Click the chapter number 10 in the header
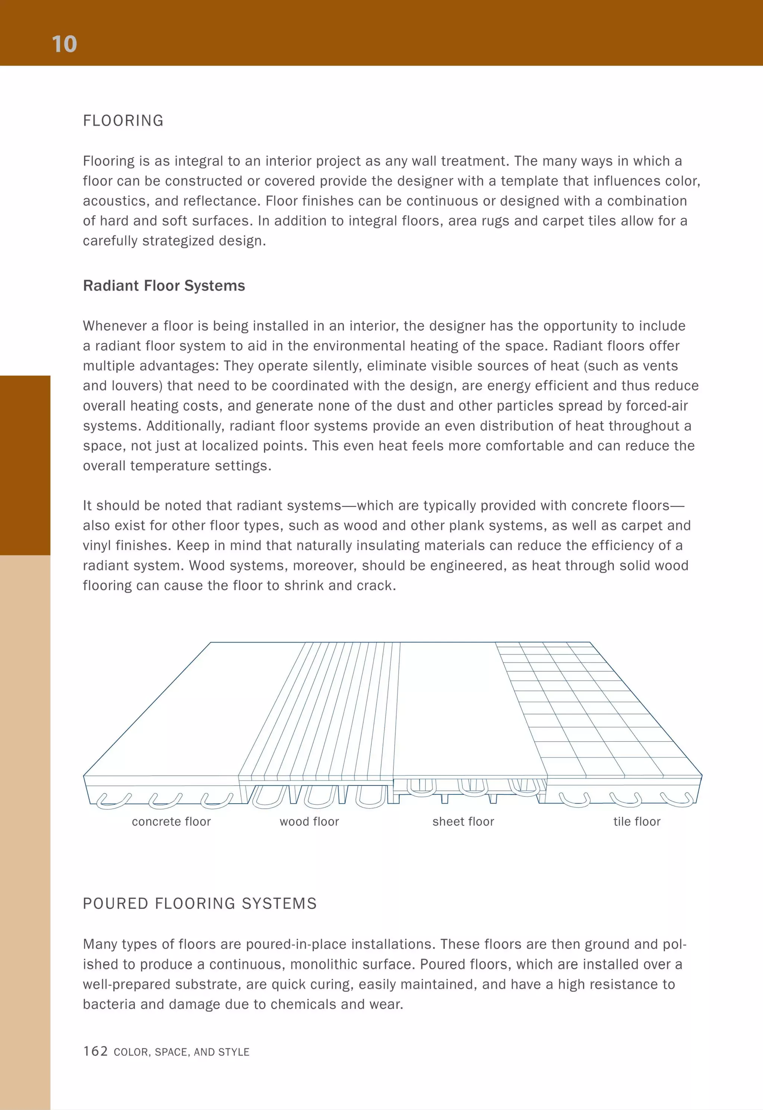pos(64,44)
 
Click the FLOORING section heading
pos(123,120)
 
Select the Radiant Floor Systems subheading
pos(164,286)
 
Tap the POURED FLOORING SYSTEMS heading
pos(200,904)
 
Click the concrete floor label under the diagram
pos(171,822)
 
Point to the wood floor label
pos(309,822)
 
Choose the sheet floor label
pos(463,822)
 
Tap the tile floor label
pos(637,822)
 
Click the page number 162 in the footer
pos(95,1051)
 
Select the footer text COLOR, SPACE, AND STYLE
pos(182,1052)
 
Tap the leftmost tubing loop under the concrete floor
pos(113,801)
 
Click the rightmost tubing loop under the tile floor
pos(677,799)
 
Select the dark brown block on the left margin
pos(25,465)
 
